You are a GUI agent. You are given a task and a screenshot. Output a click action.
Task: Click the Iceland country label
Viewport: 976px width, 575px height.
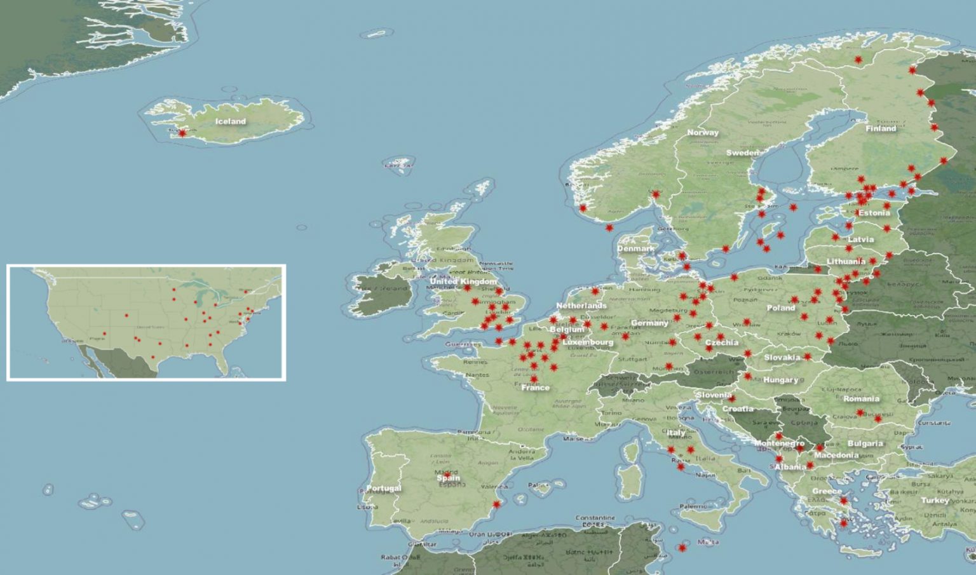(x=230, y=121)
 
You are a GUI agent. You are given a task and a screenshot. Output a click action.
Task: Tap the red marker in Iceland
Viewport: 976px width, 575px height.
(x=182, y=133)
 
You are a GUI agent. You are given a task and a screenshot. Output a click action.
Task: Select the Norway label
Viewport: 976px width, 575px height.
(x=703, y=133)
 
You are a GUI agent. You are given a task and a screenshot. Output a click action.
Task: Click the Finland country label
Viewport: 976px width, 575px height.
(x=881, y=128)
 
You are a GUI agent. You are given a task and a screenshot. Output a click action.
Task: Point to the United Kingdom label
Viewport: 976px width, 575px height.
(x=463, y=281)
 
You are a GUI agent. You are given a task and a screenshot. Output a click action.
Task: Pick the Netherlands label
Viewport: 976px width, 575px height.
(x=581, y=306)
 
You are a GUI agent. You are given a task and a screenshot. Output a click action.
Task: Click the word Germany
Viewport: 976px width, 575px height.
(x=649, y=323)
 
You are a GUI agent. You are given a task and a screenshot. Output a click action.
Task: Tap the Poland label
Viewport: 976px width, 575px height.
(x=781, y=308)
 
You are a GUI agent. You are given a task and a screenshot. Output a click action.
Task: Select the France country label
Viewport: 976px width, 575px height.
(x=535, y=388)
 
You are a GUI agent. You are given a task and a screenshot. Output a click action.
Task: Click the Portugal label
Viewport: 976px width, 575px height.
(x=384, y=488)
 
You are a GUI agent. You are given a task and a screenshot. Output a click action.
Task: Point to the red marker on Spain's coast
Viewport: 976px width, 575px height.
(x=497, y=505)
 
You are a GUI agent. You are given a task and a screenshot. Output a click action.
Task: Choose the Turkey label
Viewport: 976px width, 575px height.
(x=935, y=500)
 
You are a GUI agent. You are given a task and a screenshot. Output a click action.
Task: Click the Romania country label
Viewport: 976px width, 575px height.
(x=862, y=399)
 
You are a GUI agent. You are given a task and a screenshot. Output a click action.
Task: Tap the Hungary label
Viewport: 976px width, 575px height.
(x=781, y=380)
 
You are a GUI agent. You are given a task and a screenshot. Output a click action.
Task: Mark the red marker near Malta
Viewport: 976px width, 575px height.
(x=682, y=548)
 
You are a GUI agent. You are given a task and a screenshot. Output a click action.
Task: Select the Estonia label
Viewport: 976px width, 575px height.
(x=874, y=213)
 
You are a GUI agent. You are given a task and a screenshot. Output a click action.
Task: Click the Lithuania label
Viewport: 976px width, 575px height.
(x=846, y=262)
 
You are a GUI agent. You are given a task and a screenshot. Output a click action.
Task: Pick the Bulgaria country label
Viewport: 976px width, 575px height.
(x=865, y=443)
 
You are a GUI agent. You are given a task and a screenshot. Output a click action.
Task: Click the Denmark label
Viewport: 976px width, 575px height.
(x=635, y=249)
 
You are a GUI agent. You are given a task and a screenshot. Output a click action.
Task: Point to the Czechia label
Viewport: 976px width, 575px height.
(x=722, y=343)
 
